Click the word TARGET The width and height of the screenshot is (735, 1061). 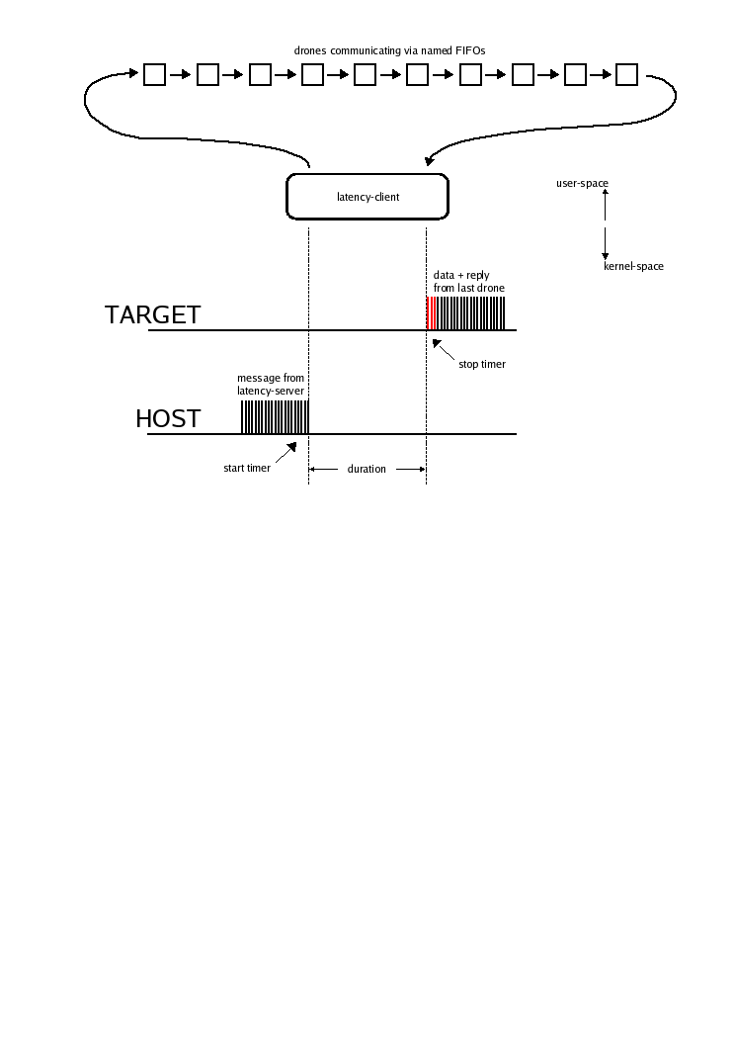click(x=153, y=314)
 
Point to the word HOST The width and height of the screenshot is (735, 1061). click(x=168, y=419)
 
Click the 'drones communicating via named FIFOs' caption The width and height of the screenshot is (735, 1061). click(x=389, y=50)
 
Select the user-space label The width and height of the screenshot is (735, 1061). click(x=582, y=183)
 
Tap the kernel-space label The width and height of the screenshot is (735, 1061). click(x=633, y=267)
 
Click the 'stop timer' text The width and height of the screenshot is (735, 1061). click(x=482, y=364)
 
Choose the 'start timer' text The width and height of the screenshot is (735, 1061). click(x=247, y=469)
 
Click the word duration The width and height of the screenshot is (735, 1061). click(x=367, y=469)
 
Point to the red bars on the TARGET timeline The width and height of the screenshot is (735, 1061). click(x=431, y=313)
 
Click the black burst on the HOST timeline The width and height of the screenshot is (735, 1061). click(x=275, y=417)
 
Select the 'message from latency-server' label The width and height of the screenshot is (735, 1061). click(x=271, y=385)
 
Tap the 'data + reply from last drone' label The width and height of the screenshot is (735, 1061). click(x=469, y=282)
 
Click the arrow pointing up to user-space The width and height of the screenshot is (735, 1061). click(x=606, y=205)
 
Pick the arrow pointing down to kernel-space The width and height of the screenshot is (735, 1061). click(x=606, y=244)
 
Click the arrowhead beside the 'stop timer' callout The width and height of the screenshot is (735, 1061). click(x=437, y=343)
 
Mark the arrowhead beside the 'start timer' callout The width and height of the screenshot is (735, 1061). click(x=292, y=446)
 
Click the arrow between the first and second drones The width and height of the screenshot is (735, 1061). click(x=181, y=74)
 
